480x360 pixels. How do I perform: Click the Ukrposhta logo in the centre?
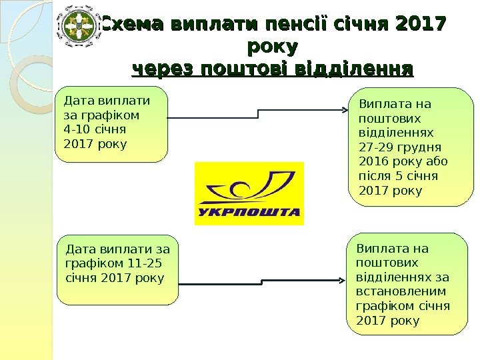point(249,193)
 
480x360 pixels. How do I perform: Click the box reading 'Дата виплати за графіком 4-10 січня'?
point(111,124)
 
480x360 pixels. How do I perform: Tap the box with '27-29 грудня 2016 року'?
point(410,147)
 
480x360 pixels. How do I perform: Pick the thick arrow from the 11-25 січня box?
point(263,285)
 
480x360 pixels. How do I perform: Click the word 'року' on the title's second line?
point(272,47)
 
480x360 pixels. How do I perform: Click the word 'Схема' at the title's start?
point(131,25)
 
